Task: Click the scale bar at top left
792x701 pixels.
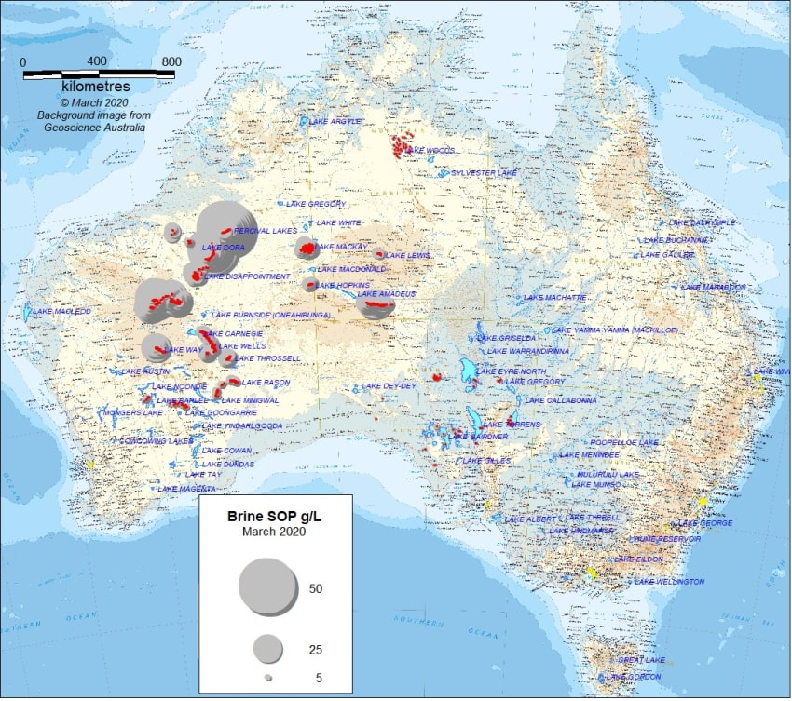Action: coord(99,72)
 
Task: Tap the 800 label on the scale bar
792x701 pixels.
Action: coord(171,61)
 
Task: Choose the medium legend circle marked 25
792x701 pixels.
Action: coord(268,648)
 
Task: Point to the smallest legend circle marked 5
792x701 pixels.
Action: coord(268,678)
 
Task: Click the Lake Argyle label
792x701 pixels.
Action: coord(334,122)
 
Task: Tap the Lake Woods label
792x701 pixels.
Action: coord(431,150)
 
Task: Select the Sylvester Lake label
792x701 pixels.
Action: coord(484,173)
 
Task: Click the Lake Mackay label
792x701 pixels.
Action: coord(342,247)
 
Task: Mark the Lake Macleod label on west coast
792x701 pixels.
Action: coord(62,311)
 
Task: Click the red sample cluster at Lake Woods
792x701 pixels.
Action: coord(402,145)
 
